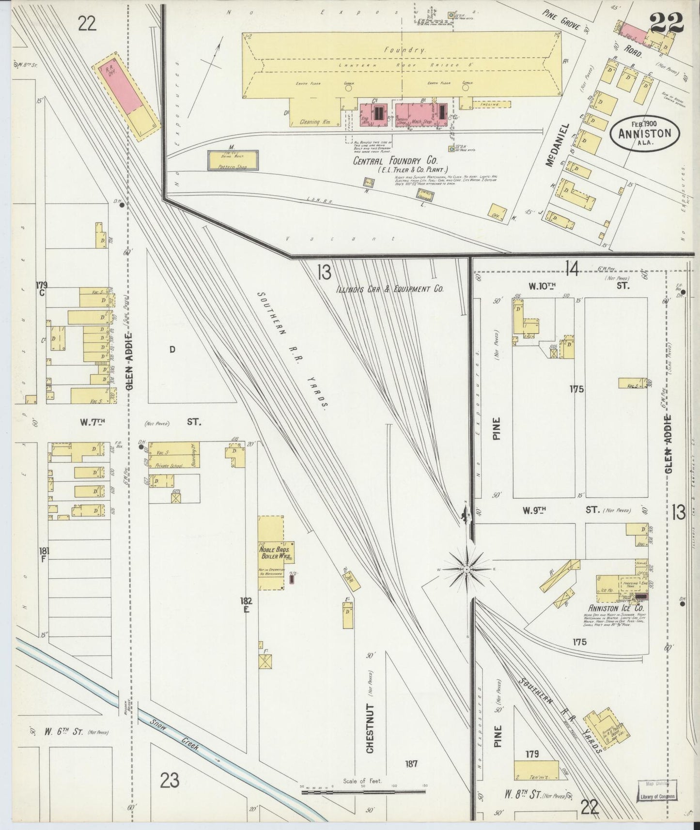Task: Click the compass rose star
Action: [x=466, y=569]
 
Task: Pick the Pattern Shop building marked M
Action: [x=233, y=160]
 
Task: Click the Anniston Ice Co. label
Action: [x=616, y=608]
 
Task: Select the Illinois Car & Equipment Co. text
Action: [x=390, y=289]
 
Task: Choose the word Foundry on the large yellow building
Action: [x=398, y=50]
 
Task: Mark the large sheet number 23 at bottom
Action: [x=170, y=780]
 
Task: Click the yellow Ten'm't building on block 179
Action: [x=539, y=770]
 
